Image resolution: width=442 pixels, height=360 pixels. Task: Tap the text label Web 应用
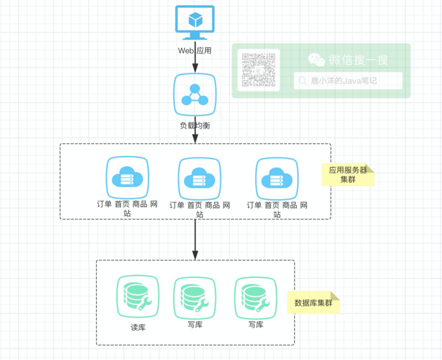coord(194,50)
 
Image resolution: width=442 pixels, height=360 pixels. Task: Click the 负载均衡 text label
coord(194,125)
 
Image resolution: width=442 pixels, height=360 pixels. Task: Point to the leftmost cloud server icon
coord(128,177)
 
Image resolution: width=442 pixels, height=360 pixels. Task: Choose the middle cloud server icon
coord(199,178)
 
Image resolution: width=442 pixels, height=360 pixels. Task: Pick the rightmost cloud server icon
coord(277,178)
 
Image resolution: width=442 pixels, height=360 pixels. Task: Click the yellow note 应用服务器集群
coord(348,175)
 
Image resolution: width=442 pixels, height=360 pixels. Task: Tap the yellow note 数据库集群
coord(313,303)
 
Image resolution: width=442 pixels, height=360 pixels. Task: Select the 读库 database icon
coord(138,297)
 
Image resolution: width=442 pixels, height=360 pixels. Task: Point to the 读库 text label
coord(138,327)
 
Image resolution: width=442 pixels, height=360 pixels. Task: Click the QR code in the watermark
coord(259,70)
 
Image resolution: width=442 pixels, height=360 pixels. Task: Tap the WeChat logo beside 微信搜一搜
coord(317,59)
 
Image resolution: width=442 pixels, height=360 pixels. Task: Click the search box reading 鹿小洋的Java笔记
coord(348,81)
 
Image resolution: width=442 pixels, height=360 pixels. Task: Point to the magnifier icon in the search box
coord(302,81)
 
